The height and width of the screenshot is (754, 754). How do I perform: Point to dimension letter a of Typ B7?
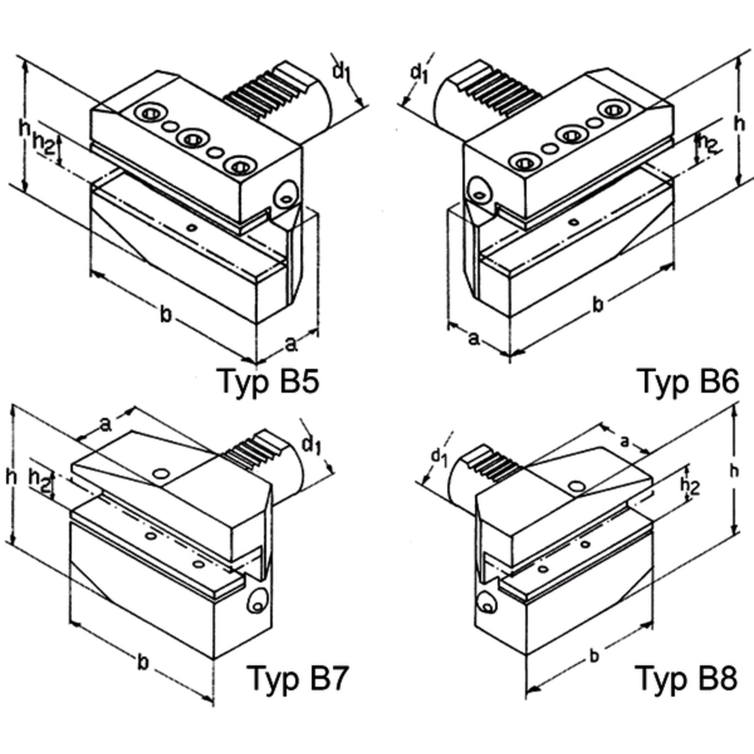105,425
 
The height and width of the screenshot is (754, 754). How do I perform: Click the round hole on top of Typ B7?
161,474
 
